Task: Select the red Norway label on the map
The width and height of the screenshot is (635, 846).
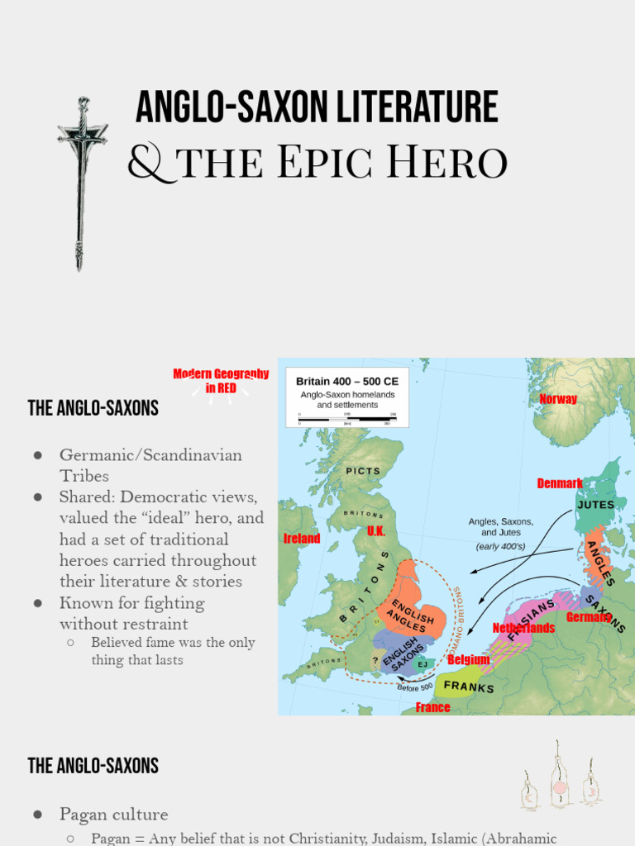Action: pos(558,399)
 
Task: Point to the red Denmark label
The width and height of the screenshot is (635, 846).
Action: pos(560,483)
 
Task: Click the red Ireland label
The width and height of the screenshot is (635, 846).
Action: pos(302,539)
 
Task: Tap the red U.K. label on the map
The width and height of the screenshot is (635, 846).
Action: pos(376,531)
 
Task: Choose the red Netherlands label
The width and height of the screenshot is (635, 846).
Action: pos(523,628)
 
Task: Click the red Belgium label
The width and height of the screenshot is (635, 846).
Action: pos(469,660)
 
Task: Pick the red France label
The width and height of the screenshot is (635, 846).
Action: pos(433,707)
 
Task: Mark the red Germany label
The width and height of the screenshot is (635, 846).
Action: pos(589,617)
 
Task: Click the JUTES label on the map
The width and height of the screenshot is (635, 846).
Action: pos(595,505)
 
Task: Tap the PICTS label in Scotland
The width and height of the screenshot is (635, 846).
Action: pos(363,471)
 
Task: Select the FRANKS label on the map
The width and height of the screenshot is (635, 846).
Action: pos(469,687)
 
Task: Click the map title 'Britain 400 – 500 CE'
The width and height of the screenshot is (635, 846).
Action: pos(347,381)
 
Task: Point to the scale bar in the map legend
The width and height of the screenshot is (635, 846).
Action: pos(346,418)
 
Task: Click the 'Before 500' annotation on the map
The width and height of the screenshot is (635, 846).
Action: pos(415,687)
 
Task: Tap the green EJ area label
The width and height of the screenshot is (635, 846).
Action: pos(423,664)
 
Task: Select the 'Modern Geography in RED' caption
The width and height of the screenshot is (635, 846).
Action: pos(221,381)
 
